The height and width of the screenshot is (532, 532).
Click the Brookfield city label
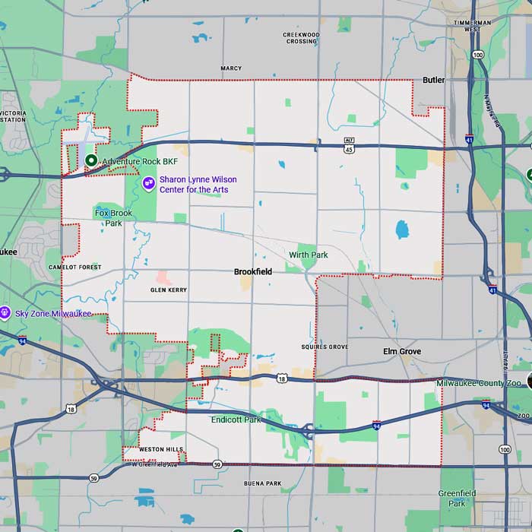pyautogui.click(x=253, y=271)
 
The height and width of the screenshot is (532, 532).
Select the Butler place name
pyautogui.click(x=433, y=80)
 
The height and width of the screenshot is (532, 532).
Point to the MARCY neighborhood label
pyautogui.click(x=231, y=68)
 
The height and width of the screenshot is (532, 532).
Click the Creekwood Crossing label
pyautogui.click(x=302, y=37)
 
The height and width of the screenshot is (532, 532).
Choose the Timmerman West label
pyautogui.click(x=472, y=26)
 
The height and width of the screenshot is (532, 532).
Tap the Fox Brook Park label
pyautogui.click(x=113, y=218)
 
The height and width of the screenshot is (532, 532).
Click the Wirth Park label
pyautogui.click(x=309, y=255)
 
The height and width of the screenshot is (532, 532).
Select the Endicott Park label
pyautogui.click(x=236, y=420)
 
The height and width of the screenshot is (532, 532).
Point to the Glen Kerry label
pyautogui.click(x=169, y=290)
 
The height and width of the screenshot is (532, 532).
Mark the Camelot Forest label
pyautogui.click(x=74, y=268)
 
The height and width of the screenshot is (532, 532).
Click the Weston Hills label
pyautogui.click(x=160, y=450)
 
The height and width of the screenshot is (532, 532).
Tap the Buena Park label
pyautogui.click(x=263, y=483)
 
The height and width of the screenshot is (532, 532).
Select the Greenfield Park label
pyautogui.click(x=457, y=498)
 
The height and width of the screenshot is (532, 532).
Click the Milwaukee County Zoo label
pyautogui.click(x=479, y=383)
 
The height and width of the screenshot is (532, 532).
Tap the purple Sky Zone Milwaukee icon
pyautogui.click(x=5, y=313)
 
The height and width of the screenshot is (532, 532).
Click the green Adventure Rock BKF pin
pyautogui.click(x=90, y=160)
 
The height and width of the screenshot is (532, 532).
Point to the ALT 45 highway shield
pyautogui.click(x=350, y=144)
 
